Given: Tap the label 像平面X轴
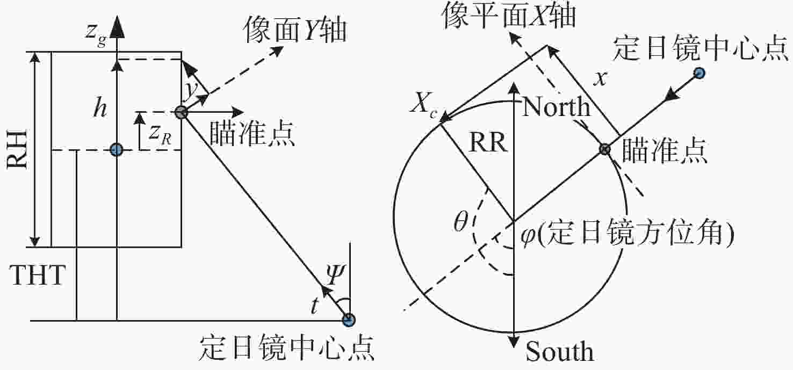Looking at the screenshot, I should (508, 17).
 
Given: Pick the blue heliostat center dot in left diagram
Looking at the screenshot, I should (349, 321).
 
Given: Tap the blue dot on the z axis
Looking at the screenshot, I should (116, 149).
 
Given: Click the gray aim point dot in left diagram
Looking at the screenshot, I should (181, 112).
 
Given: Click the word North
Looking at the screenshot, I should (556, 108).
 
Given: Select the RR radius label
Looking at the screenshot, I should (488, 144).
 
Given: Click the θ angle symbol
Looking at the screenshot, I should (461, 223).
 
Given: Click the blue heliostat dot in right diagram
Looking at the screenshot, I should (700, 72).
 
